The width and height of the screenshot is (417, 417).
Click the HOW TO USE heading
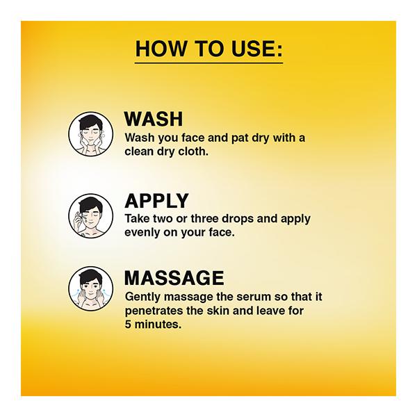pyautogui.click(x=208, y=49)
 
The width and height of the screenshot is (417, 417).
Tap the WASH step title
pyautogui.click(x=154, y=119)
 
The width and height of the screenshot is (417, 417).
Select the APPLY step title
pyautogui.click(x=156, y=201)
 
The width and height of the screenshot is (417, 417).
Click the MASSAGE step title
pyautogui.click(x=174, y=278)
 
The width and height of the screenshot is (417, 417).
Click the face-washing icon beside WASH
pyautogui.click(x=90, y=133)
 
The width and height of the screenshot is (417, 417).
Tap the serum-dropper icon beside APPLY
pyautogui.click(x=90, y=215)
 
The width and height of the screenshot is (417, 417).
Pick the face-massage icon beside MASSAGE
pyautogui.click(x=90, y=288)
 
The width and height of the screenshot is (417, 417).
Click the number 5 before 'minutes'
pyautogui.click(x=128, y=324)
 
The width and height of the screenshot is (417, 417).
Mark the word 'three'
pyautogui.click(x=205, y=219)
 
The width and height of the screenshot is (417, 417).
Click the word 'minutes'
pyautogui.click(x=158, y=324)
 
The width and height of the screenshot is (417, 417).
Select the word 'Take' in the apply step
pyautogui.click(x=137, y=219)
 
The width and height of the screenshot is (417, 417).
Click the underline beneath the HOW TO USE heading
pyautogui.click(x=208, y=63)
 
